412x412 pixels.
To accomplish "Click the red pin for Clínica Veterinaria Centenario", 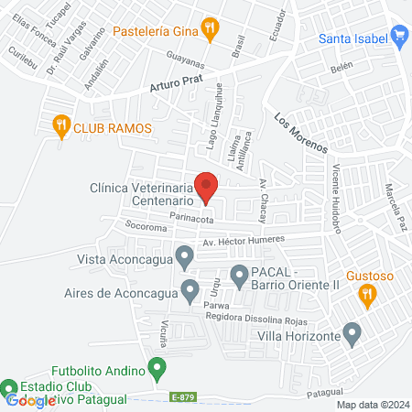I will (206, 186).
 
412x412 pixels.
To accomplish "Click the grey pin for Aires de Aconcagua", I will (190, 290).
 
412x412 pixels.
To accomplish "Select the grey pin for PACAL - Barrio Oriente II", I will (239, 273).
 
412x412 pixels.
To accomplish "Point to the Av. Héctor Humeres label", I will (244, 240).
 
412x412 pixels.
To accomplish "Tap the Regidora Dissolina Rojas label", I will (259, 318).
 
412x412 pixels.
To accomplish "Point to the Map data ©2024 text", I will (372, 405).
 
